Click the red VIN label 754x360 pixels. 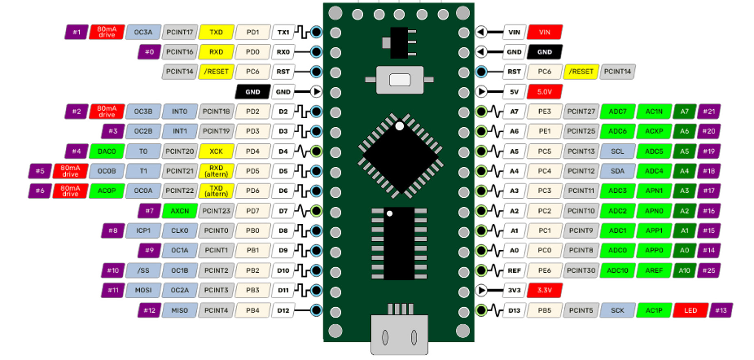(x=545, y=33)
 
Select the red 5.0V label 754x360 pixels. (x=545, y=92)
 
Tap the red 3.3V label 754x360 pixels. (x=545, y=290)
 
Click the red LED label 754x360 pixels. (x=690, y=310)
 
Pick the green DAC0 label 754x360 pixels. (x=106, y=151)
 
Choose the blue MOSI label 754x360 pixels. (x=143, y=290)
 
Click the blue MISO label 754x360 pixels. (x=143, y=310)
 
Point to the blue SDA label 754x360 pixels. (x=617, y=171)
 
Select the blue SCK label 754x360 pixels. (x=617, y=310)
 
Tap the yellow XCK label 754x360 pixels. (x=216, y=151)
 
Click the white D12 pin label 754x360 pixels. (x=283, y=310)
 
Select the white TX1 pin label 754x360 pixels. (x=283, y=33)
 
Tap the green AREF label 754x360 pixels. (x=653, y=270)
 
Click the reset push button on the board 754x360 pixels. (x=399, y=80)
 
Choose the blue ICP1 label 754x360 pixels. (x=143, y=230)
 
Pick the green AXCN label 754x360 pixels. (x=179, y=211)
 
